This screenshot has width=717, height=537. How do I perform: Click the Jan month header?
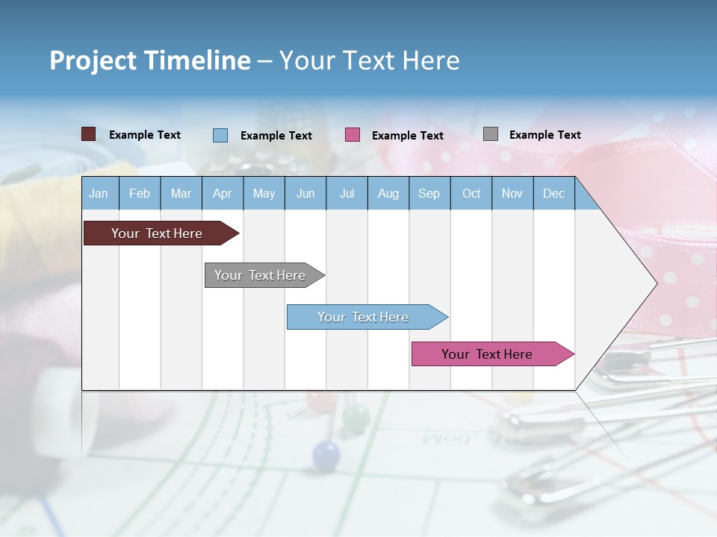tap(99, 194)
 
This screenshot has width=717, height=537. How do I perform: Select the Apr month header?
tap(222, 194)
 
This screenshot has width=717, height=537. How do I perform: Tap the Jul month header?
tap(347, 194)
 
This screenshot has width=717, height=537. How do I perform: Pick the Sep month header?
tap(429, 194)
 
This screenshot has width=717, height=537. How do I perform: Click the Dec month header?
tap(553, 194)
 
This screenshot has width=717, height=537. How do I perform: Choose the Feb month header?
tap(140, 194)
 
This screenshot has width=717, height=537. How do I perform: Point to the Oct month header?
tap(471, 194)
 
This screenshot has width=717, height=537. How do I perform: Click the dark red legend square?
tap(88, 134)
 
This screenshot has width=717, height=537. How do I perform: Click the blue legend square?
tap(220, 135)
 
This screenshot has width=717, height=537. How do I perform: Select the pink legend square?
tap(353, 135)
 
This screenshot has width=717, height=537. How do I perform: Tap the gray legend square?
tap(491, 134)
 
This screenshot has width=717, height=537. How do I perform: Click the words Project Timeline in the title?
tap(149, 60)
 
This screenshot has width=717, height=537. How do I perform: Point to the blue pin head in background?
tap(326, 454)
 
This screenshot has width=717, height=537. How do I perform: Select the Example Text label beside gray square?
tap(544, 135)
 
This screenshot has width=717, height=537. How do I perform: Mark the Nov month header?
tap(512, 194)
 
